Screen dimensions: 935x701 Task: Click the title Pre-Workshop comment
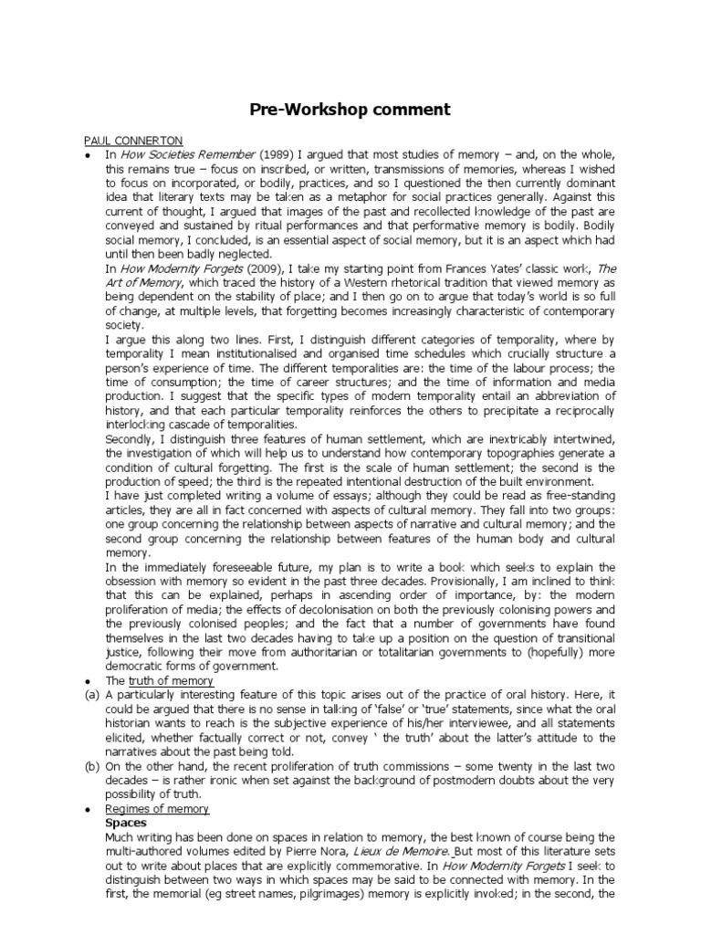(350, 110)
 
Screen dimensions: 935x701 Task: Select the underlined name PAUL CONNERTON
(133, 141)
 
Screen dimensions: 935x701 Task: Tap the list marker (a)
(91, 696)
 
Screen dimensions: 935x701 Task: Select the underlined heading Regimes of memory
(157, 809)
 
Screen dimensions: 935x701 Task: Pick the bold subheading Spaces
(127, 823)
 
